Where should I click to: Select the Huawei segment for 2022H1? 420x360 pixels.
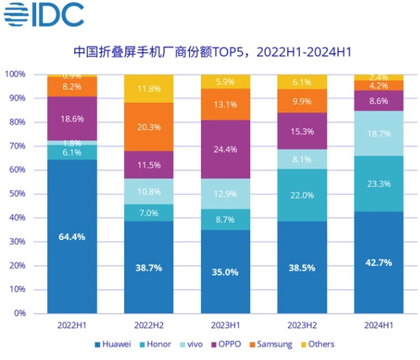click(x=72, y=237)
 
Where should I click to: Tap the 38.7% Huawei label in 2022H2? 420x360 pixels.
click(x=149, y=268)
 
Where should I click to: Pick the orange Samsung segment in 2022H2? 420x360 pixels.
click(x=149, y=126)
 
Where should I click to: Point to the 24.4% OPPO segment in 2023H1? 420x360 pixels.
click(x=226, y=149)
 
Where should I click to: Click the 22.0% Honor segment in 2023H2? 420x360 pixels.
click(x=303, y=195)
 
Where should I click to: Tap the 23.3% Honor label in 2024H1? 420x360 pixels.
click(x=379, y=184)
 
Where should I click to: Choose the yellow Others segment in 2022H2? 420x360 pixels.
click(x=149, y=89)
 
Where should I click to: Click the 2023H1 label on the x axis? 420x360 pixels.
click(x=226, y=326)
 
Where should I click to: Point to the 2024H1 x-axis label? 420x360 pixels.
click(x=379, y=326)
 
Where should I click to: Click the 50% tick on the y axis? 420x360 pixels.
click(x=16, y=194)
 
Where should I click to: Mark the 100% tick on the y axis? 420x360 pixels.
click(x=14, y=74)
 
